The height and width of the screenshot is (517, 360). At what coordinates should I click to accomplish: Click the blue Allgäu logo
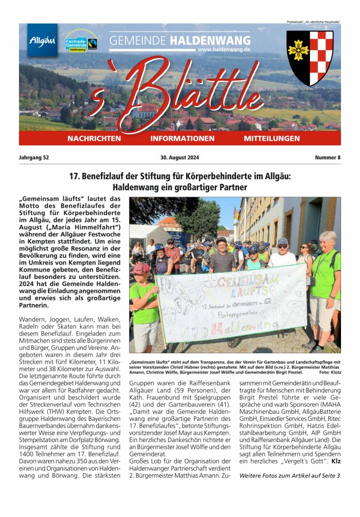click(43, 40)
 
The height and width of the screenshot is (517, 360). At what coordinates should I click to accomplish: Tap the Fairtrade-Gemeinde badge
click(81, 41)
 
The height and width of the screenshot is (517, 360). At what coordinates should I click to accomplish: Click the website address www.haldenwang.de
click(223, 50)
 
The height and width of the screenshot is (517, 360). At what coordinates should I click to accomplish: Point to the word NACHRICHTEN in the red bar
click(94, 139)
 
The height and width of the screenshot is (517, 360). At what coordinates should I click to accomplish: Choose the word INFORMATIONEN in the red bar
click(182, 139)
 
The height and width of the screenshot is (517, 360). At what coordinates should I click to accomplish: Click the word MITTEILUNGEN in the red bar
click(271, 139)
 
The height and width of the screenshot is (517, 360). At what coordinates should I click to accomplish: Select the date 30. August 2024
click(180, 157)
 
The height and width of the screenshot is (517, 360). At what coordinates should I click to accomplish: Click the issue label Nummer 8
click(327, 157)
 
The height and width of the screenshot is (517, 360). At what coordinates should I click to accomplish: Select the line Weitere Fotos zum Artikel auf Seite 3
click(290, 476)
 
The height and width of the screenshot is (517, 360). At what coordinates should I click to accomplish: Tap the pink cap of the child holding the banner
click(141, 268)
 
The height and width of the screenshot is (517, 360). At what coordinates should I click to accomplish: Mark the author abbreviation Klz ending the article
click(335, 462)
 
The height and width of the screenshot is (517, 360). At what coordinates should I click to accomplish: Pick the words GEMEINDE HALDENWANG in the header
click(180, 41)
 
